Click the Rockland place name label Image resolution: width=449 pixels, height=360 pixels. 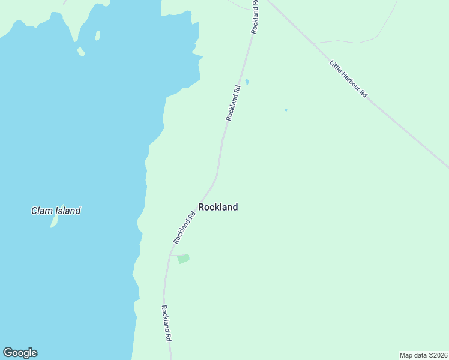[x=218, y=207]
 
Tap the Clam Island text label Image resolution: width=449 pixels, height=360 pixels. [x=56, y=211]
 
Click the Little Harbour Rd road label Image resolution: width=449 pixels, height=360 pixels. [x=348, y=78]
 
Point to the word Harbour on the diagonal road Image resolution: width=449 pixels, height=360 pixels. [x=349, y=79]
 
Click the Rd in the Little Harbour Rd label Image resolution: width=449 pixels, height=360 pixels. [x=363, y=92]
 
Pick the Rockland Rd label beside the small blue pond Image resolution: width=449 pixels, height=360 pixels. [x=233, y=103]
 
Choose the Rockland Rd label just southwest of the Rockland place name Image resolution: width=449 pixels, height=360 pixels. [x=185, y=227]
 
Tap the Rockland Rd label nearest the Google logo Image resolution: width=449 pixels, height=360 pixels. [x=166, y=323]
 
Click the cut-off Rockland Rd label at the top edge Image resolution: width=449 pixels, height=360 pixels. [x=255, y=16]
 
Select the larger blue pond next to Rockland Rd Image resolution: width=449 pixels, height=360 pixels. [x=247, y=82]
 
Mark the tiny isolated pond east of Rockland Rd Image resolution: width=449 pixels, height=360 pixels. [x=286, y=110]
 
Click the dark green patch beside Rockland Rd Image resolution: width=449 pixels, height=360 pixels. [x=183, y=259]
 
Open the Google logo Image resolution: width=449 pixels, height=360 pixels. [x=20, y=353]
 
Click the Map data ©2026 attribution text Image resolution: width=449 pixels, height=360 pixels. [x=423, y=355]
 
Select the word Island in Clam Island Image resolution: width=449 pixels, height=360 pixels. [x=68, y=211]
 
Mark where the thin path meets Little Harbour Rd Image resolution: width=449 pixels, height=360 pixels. [x=314, y=43]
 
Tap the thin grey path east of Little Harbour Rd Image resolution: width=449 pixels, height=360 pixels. [x=360, y=41]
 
